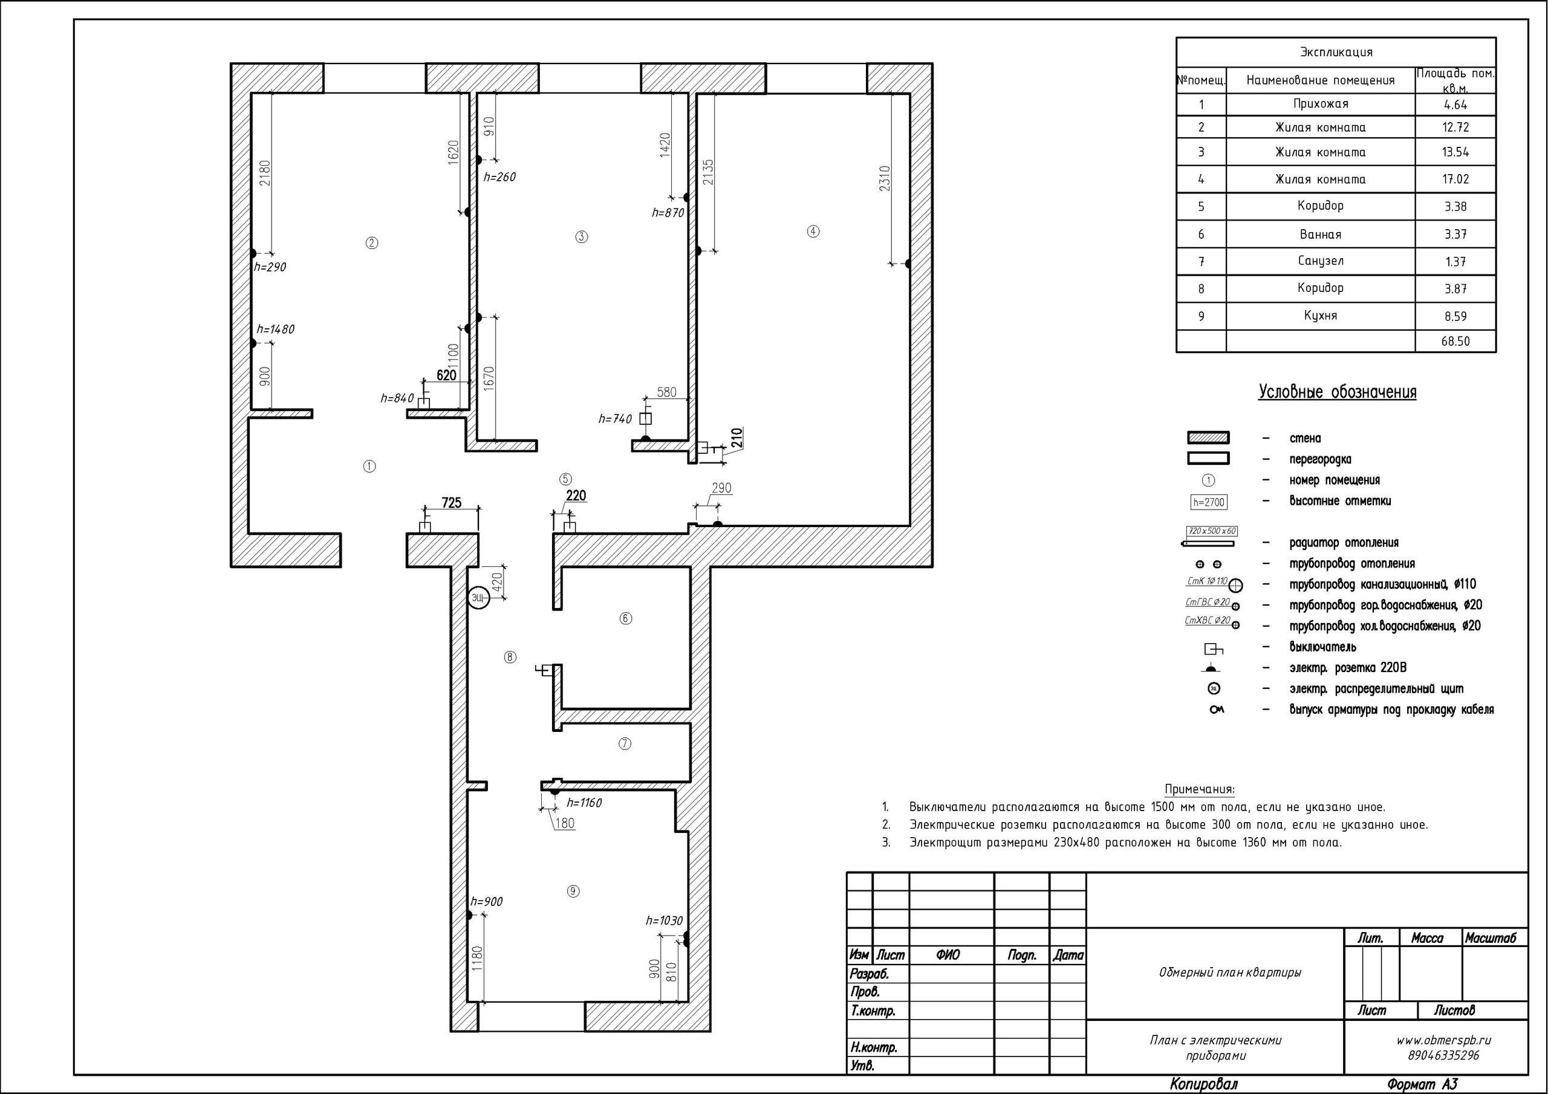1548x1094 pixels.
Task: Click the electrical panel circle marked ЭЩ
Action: (x=478, y=598)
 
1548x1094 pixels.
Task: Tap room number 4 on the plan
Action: (x=813, y=231)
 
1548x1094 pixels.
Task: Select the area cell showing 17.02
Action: (x=1455, y=180)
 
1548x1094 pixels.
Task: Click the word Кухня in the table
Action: (x=1320, y=316)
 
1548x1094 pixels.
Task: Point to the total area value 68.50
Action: (x=1455, y=341)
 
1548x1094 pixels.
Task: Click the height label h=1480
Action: (x=275, y=329)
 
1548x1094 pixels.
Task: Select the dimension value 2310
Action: (x=885, y=179)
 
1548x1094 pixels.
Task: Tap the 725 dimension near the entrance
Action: (x=451, y=502)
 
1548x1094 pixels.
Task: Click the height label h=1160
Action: (x=584, y=803)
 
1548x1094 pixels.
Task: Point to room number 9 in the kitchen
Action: (x=573, y=891)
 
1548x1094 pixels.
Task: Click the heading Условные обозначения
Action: (x=1337, y=392)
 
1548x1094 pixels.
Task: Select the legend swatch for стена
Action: (x=1208, y=438)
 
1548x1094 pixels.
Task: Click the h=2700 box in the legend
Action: (x=1208, y=502)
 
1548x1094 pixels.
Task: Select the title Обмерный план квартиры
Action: (x=1230, y=973)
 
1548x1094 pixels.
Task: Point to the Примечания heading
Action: (x=1200, y=789)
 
